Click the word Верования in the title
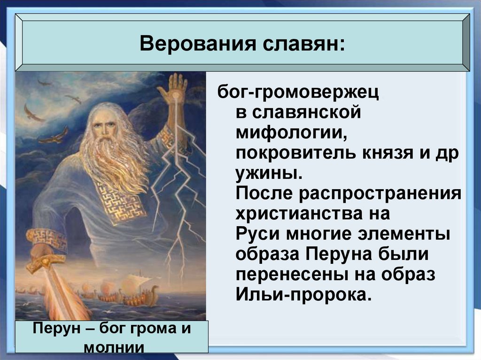[x=198, y=43]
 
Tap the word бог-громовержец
[x=298, y=92]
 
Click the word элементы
[x=404, y=234]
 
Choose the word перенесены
[x=292, y=275]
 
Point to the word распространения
[x=380, y=194]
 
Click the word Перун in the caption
[x=56, y=329]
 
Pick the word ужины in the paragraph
[x=269, y=174]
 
